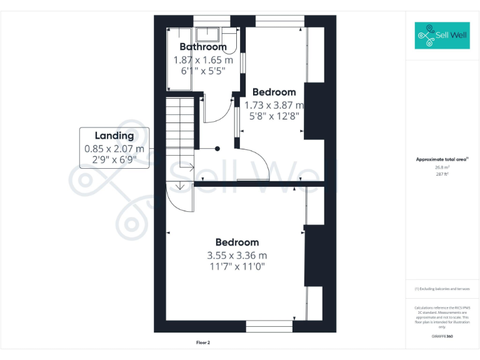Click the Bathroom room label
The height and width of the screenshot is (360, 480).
203,47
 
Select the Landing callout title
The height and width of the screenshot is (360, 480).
114,136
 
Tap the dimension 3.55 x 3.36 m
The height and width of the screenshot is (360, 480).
237,255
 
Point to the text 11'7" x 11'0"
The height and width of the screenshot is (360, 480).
237,267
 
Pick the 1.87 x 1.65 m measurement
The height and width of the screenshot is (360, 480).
203,60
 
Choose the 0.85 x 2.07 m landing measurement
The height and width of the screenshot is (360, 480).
114,149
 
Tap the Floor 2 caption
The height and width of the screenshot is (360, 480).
203,342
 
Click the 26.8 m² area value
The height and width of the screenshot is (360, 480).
442,167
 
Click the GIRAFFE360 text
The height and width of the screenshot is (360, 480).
442,336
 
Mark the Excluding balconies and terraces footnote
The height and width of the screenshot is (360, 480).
442,289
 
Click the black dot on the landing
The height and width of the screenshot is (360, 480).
217,149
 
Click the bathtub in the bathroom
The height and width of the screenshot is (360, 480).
172,59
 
